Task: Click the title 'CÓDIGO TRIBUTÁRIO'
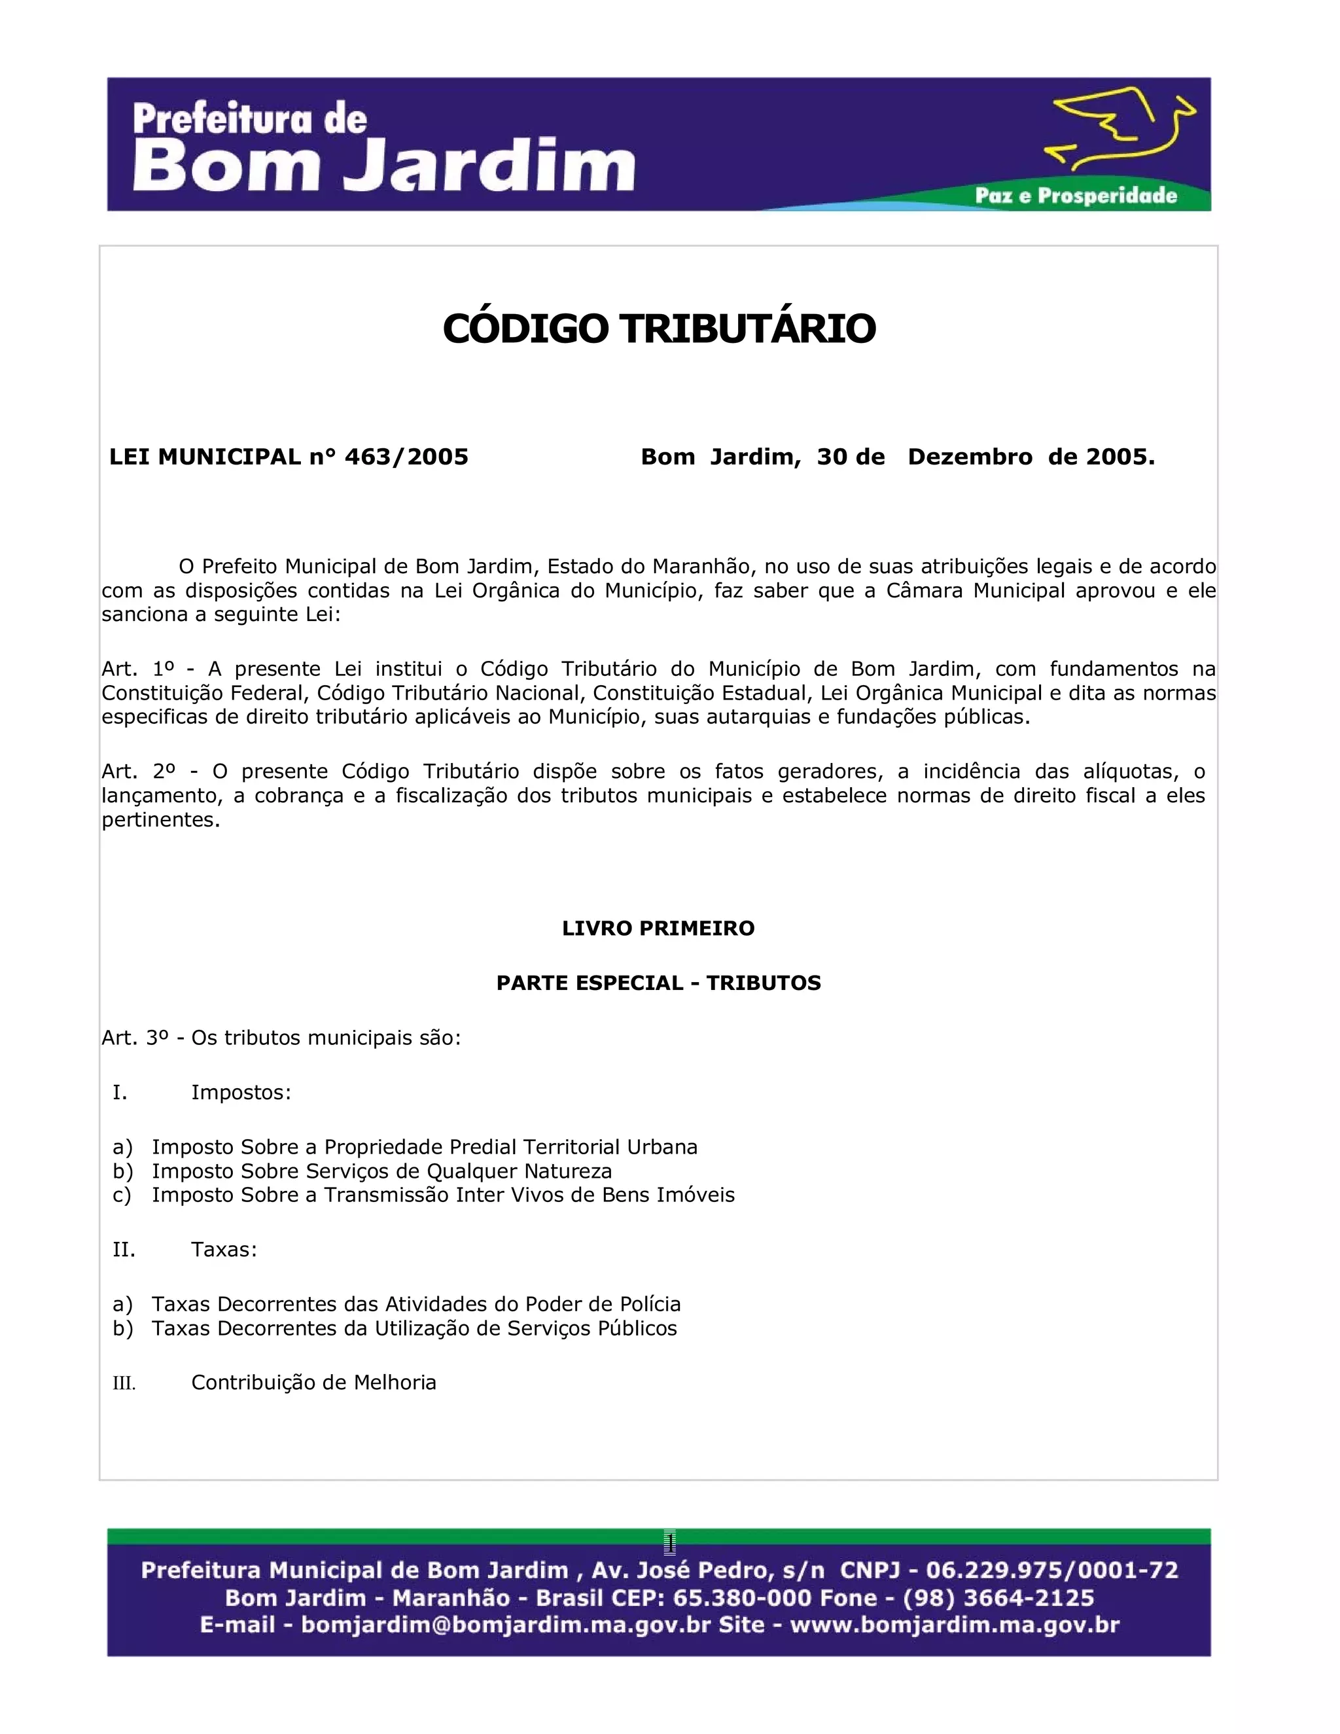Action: coord(659,328)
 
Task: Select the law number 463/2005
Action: coord(406,457)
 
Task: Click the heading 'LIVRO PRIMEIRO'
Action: coord(658,928)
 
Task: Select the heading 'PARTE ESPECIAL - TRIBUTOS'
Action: coord(658,983)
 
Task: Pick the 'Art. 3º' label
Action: coord(133,1038)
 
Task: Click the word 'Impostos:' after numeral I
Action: coord(241,1093)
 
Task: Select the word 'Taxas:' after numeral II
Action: coord(224,1250)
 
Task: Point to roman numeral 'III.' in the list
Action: coord(124,1384)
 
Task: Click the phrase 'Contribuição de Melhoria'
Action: coord(313,1383)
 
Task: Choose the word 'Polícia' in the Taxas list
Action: coord(650,1305)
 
